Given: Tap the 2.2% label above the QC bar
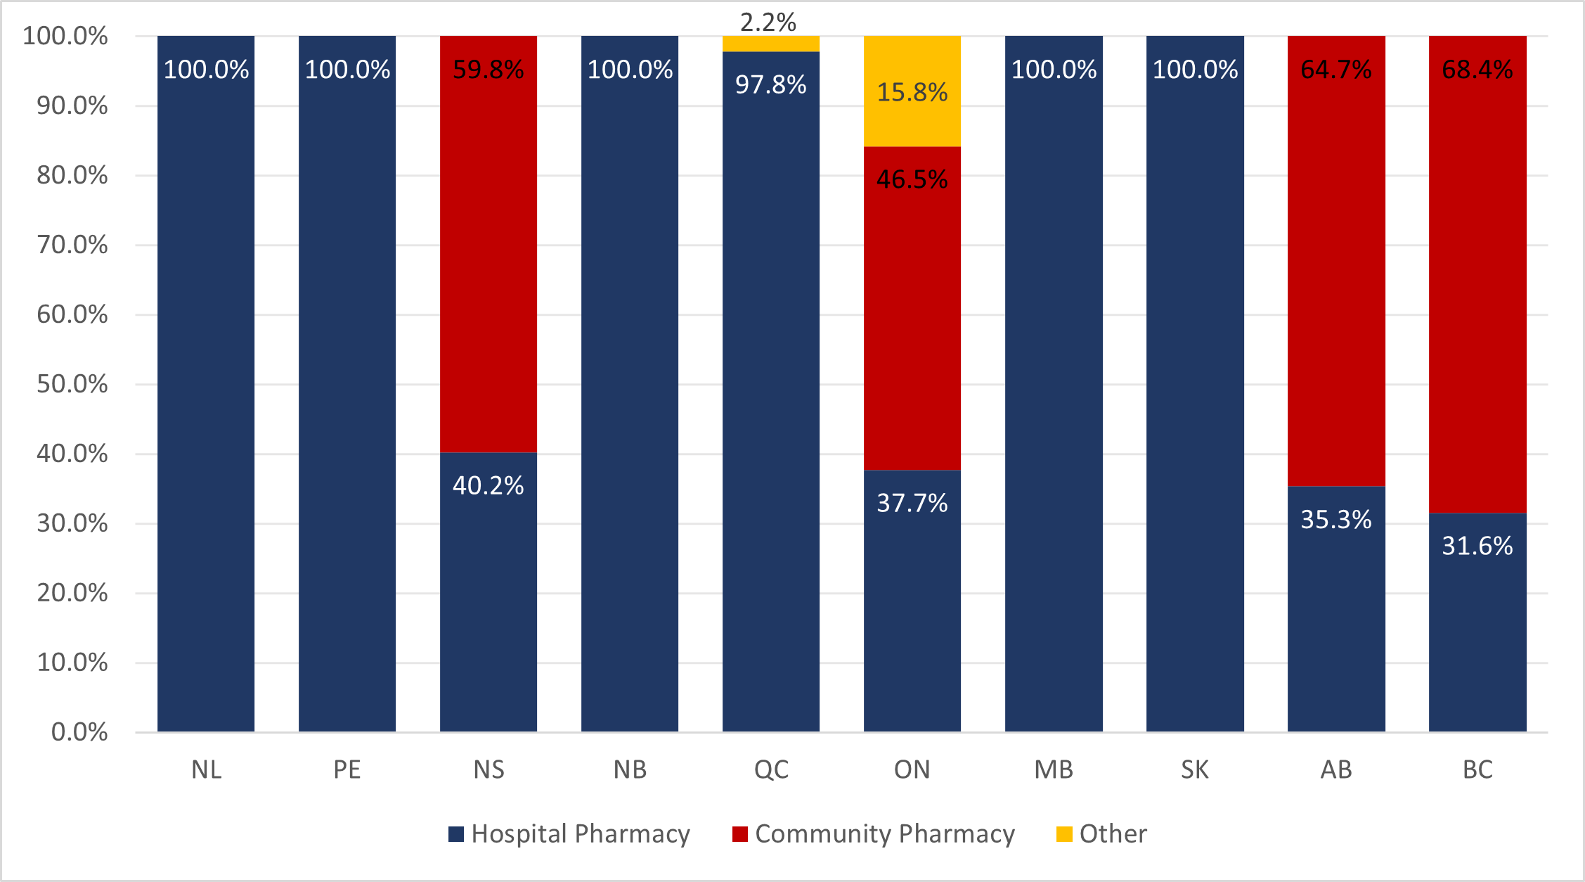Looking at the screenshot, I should (768, 23).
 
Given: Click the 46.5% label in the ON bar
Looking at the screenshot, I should (912, 179).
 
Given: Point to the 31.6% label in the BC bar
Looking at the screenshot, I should (1477, 546).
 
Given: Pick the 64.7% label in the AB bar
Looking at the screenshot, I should (1335, 70).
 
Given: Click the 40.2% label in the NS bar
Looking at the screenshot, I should (488, 485).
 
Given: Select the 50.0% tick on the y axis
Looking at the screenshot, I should (72, 384).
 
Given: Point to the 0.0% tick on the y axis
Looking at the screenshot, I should (79, 732).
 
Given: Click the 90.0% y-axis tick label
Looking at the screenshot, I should (72, 106).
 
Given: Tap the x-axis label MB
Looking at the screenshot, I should (1053, 769).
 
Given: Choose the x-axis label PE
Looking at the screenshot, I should (347, 769).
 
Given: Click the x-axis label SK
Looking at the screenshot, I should (1194, 769).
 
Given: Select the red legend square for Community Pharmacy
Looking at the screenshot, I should (739, 834).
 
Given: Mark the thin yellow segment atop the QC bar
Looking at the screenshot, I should (770, 44).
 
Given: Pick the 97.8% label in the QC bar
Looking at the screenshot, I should (770, 84).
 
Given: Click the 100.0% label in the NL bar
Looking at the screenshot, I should (206, 70).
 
